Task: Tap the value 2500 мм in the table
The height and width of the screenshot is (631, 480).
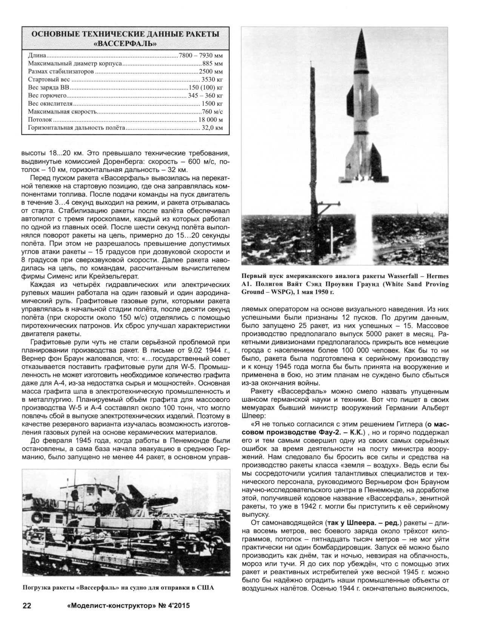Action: pos(211,71)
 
